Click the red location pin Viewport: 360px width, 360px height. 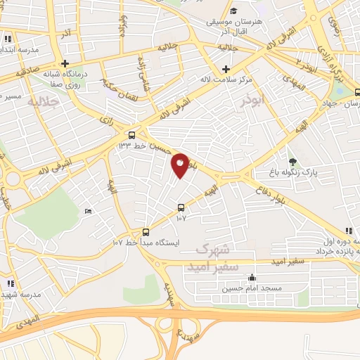click(181, 165)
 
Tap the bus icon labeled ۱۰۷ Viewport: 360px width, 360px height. click(181, 207)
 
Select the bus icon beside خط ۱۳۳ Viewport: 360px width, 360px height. click(132, 135)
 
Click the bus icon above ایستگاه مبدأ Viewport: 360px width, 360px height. click(146, 232)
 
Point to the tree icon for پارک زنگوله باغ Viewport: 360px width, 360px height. click(292, 162)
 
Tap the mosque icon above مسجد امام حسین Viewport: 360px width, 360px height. click(252, 278)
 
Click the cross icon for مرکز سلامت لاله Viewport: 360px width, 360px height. click(226, 69)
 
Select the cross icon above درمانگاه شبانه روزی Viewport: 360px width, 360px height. click(64, 63)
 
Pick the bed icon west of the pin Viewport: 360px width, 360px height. click(88, 212)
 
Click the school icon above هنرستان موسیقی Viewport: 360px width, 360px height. click(233, 12)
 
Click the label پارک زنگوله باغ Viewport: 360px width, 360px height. click(293, 172)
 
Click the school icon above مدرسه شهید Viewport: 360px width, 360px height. click(10, 283)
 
